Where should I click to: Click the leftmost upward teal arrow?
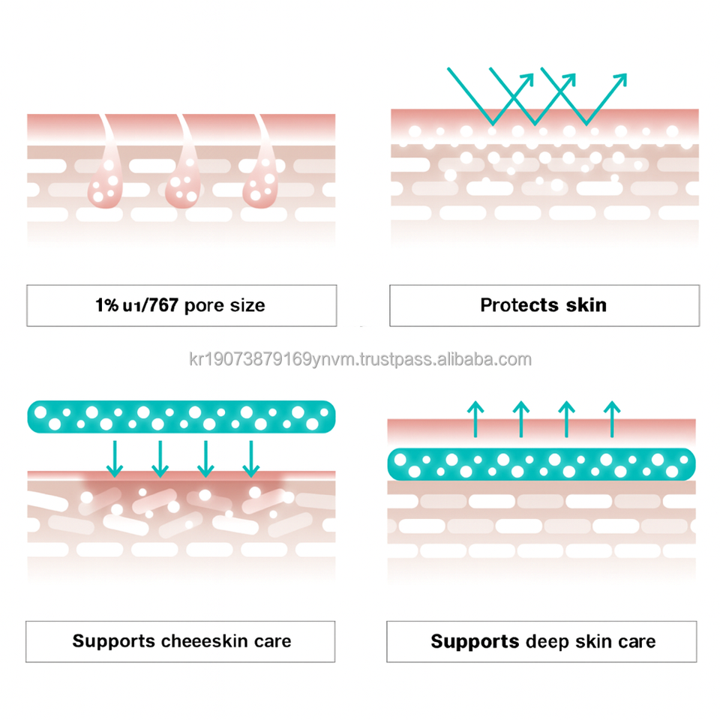[474, 418]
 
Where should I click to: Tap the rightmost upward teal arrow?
[612, 418]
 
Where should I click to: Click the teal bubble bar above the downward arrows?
[181, 417]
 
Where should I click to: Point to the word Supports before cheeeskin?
[112, 641]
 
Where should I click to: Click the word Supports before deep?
[475, 642]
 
